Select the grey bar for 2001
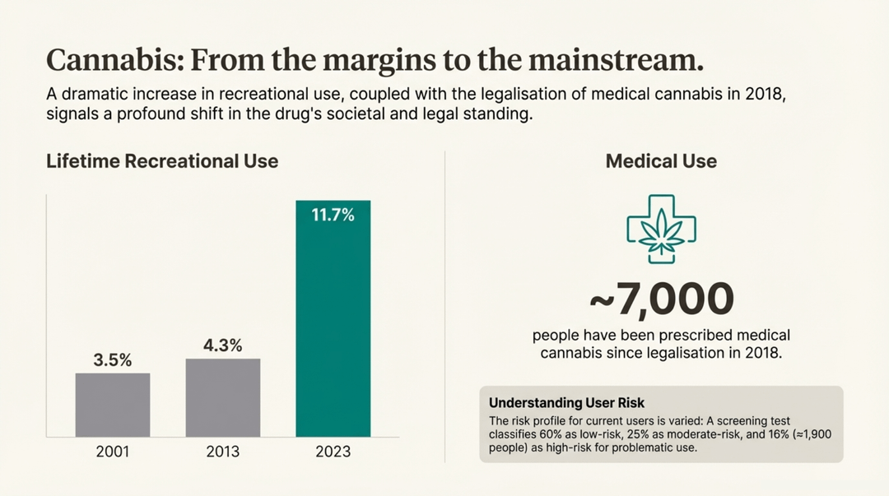113,404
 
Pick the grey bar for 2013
223,397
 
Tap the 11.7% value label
333,216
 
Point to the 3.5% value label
113,360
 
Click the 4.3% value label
223,345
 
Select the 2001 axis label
113,452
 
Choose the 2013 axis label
223,452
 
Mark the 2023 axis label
333,452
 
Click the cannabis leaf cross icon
661,229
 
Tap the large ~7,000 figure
661,299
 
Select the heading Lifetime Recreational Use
162,161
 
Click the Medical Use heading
661,161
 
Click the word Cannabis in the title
103,62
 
